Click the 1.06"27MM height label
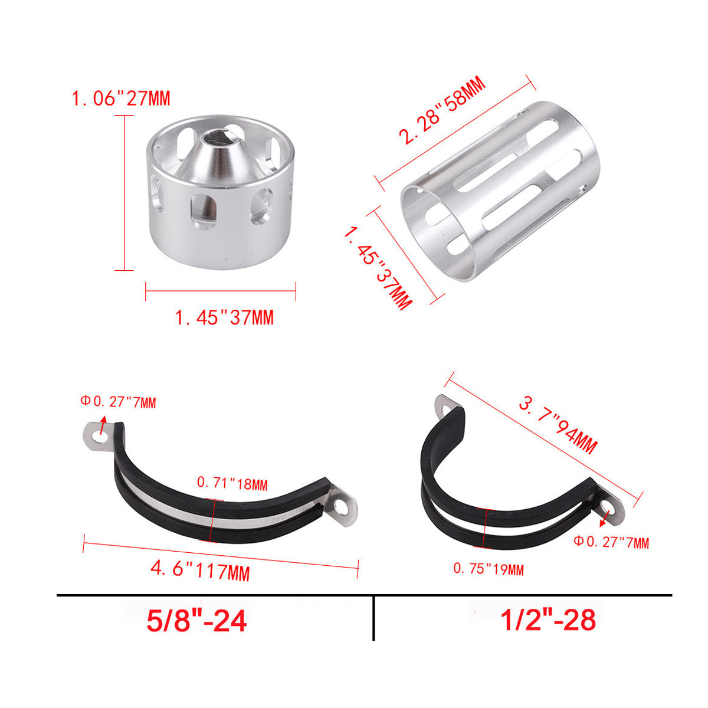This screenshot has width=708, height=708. [121, 99]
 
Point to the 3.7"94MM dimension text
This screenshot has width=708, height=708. [558, 426]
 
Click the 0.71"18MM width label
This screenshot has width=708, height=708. [232, 484]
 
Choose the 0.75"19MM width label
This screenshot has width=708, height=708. [489, 569]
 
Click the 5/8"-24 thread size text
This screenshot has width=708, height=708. [196, 621]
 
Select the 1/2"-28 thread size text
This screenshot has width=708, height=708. [548, 621]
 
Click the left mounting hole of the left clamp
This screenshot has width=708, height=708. [99, 437]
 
